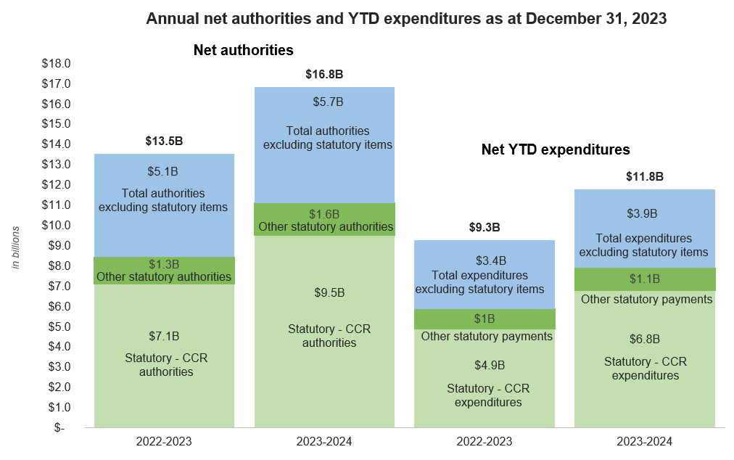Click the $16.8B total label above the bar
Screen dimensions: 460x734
tap(324, 74)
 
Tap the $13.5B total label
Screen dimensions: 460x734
tap(164, 141)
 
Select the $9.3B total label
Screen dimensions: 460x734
tap(484, 227)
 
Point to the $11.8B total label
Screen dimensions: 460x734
tap(645, 176)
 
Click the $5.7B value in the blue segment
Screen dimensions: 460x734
tap(324, 102)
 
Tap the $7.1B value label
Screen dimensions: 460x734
tap(164, 336)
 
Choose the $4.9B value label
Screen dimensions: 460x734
tap(484, 365)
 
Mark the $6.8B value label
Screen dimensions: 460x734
tap(645, 339)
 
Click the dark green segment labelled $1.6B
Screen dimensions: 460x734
tap(324, 220)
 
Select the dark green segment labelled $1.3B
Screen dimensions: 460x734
tap(164, 270)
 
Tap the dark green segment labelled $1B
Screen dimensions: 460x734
tap(484, 319)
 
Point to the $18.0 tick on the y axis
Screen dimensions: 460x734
tap(55, 63)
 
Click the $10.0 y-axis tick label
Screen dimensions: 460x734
tap(55, 225)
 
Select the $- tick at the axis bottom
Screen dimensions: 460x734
tap(59, 427)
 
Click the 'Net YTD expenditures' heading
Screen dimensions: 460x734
tap(556, 150)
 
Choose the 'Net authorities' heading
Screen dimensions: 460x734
tap(243, 51)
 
